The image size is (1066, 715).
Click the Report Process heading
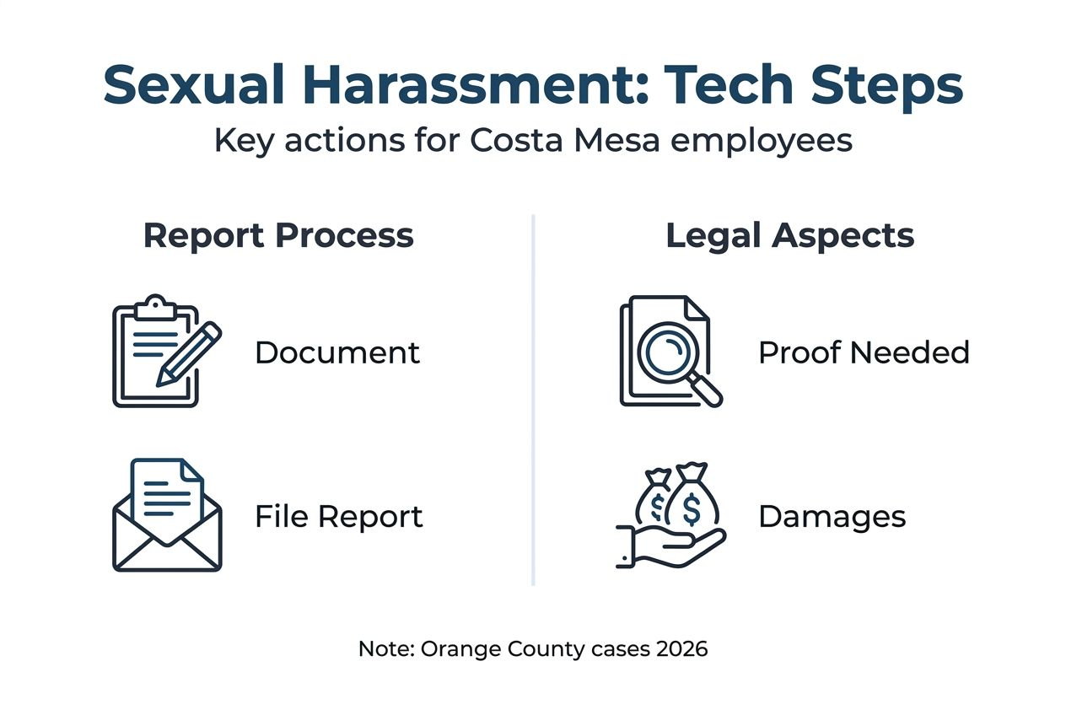click(x=278, y=235)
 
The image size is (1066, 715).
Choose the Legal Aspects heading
click(x=790, y=235)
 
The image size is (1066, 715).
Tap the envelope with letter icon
click(x=167, y=515)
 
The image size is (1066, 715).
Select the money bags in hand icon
click(x=671, y=515)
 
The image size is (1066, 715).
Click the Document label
click(x=337, y=352)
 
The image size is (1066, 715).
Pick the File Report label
click(x=339, y=516)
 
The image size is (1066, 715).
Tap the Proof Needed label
click(x=864, y=352)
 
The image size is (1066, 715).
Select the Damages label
click(x=832, y=516)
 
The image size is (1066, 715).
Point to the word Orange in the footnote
click(x=451, y=650)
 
